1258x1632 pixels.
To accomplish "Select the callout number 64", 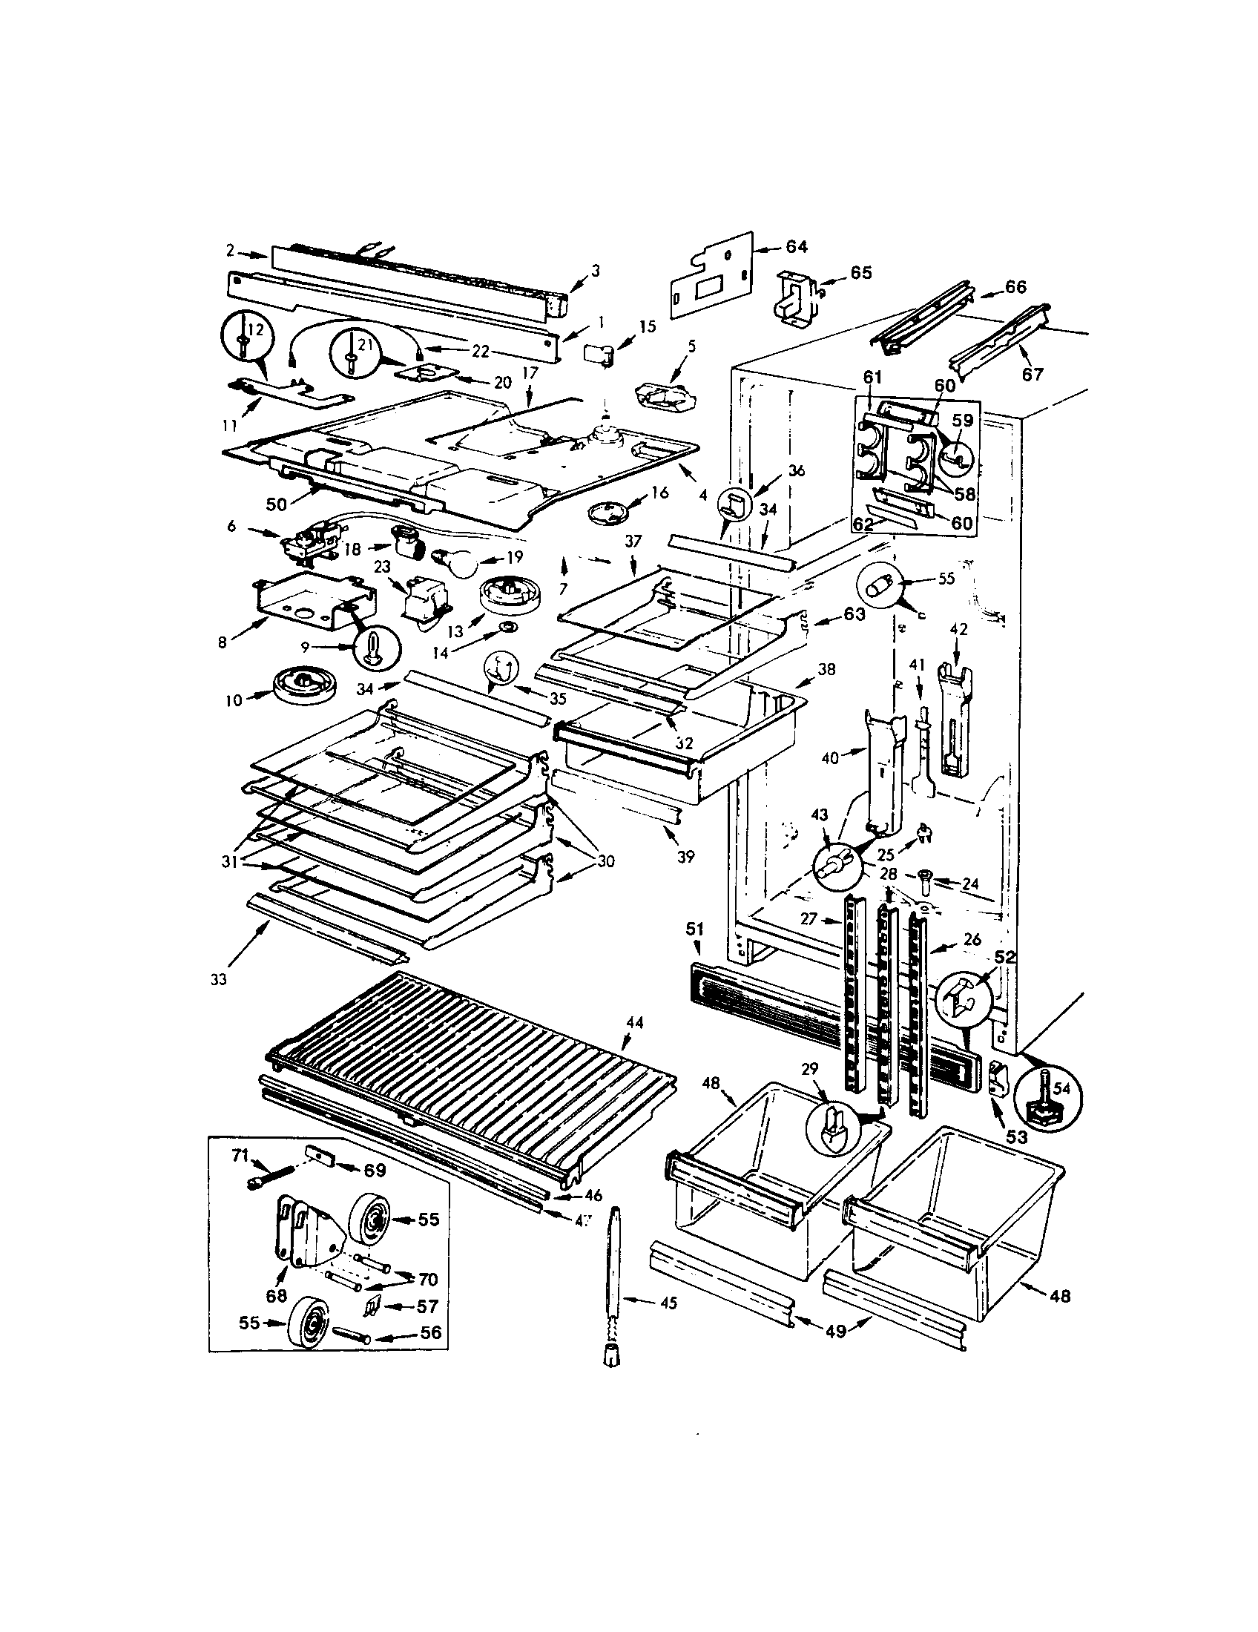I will pos(797,246).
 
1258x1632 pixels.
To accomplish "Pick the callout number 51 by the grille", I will pos(695,929).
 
